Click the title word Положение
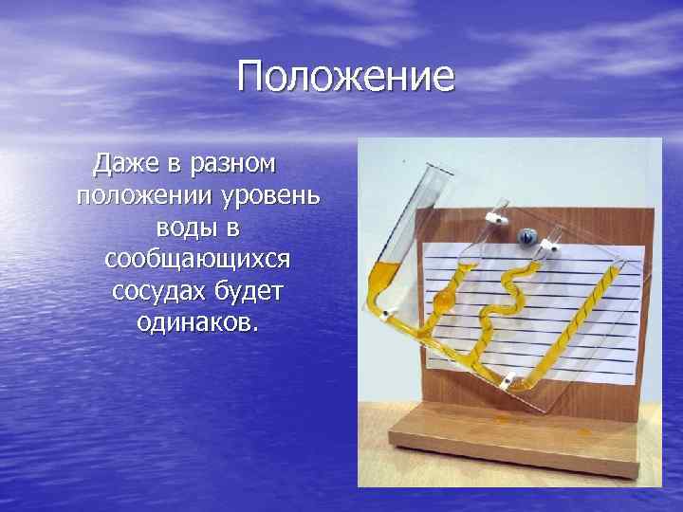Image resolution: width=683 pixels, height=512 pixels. [x=346, y=76]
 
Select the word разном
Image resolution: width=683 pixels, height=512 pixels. [x=233, y=164]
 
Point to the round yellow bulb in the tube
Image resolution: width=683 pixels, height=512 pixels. [x=443, y=301]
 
